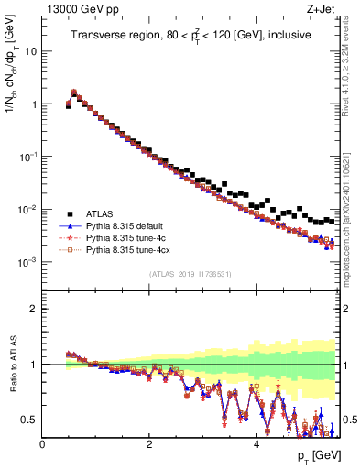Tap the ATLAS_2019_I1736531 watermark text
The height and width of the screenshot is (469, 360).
coord(191,275)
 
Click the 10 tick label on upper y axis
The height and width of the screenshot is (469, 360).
coord(31,51)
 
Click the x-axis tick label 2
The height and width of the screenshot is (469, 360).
coord(149,443)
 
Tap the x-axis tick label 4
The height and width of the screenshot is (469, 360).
coord(256,443)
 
